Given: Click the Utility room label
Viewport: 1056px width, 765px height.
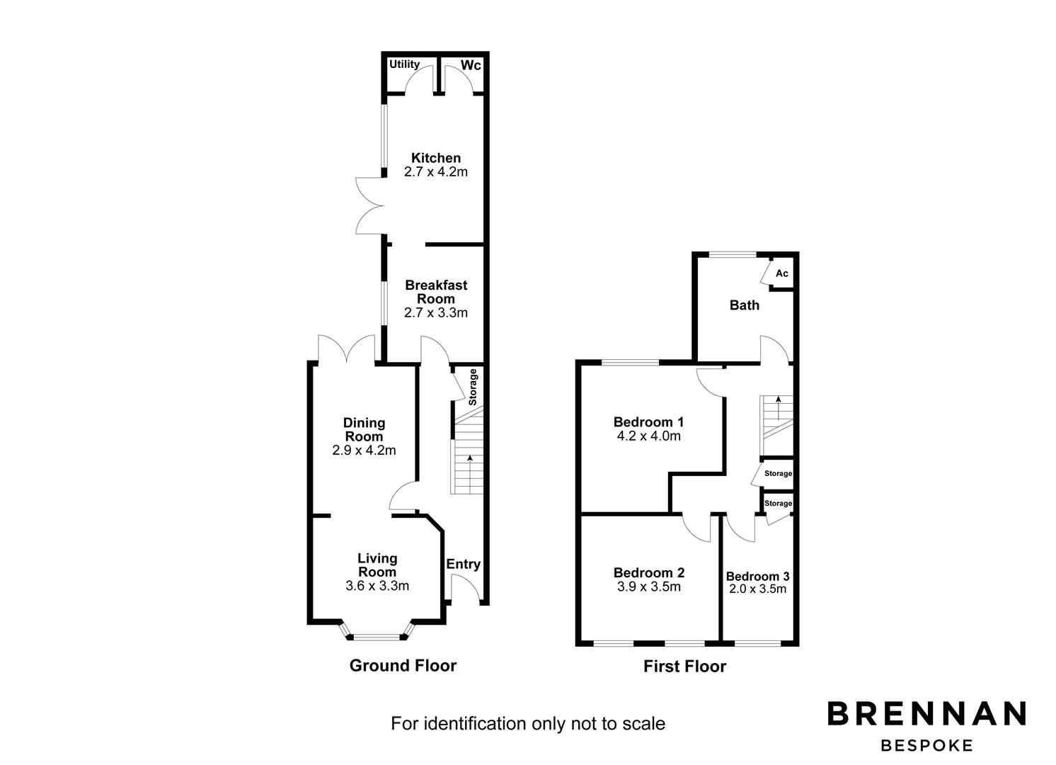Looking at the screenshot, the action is point(404,64).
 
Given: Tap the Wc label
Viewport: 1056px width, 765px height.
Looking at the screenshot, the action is point(471,65).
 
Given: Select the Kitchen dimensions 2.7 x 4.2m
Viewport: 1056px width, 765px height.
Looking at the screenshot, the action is point(435,172).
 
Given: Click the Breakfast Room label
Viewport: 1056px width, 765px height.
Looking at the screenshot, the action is point(436,292).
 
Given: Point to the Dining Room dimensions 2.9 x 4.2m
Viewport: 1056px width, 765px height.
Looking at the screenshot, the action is point(364,450).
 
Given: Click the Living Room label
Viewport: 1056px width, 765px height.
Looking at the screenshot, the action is point(377,565).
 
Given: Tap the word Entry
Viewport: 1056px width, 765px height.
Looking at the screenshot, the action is point(463,565).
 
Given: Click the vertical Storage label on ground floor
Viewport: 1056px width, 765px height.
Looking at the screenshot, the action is point(472,387).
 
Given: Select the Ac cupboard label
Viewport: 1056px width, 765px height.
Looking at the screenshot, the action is point(781,273).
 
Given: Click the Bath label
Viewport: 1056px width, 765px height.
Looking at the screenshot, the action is point(745,305).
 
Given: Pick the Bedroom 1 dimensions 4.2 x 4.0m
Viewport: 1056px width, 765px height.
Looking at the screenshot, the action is point(649,436).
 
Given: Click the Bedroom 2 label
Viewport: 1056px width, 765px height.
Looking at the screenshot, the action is point(649,573).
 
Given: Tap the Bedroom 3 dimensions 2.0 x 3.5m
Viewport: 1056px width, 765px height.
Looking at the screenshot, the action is point(757,589).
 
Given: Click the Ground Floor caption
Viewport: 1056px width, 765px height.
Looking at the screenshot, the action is point(403,666).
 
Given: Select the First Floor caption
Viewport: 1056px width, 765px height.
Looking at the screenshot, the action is point(684,667).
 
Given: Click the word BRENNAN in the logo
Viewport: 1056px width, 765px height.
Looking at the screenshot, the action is point(926,713).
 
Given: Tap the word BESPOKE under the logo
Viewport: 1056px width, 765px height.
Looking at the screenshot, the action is point(926,746).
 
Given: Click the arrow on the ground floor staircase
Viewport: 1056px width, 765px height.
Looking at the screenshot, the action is point(469,475).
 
